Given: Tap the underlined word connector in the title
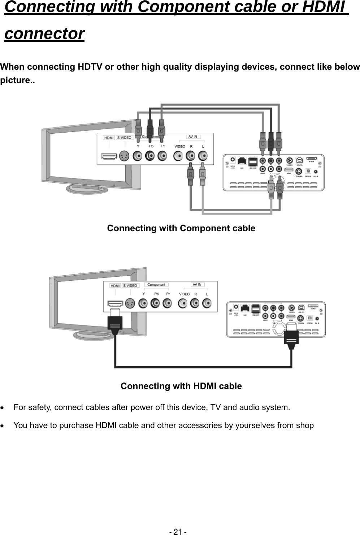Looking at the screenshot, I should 44,34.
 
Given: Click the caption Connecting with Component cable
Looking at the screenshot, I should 181,228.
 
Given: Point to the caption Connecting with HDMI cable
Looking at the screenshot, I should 181,386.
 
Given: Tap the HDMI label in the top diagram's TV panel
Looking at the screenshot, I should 109,138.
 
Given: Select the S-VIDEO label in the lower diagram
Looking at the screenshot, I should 130,285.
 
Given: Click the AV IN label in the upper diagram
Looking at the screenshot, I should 193,137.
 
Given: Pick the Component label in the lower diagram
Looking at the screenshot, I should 156,285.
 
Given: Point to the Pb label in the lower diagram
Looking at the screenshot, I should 156,294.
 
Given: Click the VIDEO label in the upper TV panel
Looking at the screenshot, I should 179,146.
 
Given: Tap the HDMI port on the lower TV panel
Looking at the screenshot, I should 115,303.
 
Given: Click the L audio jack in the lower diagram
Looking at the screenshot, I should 207,303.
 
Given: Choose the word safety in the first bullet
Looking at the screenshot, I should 40,408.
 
